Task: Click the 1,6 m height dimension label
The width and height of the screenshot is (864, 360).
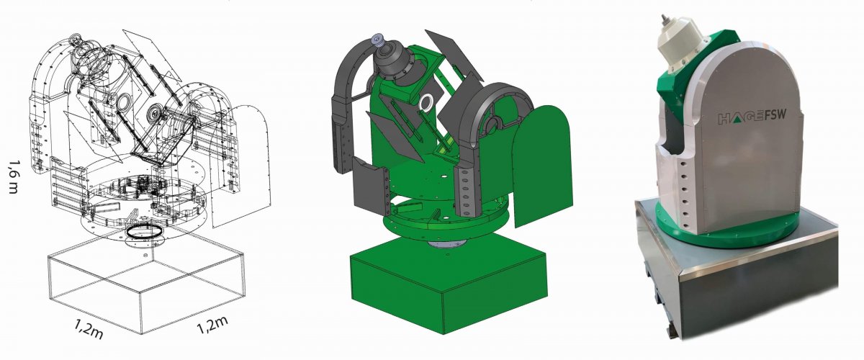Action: click(14, 176)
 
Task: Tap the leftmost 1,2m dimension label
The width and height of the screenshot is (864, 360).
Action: click(89, 329)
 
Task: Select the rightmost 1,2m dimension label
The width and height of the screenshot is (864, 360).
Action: click(212, 325)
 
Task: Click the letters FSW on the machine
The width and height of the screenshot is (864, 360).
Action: click(774, 115)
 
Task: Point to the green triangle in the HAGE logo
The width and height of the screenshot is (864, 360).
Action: click(738, 120)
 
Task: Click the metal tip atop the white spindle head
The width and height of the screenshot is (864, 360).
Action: click(664, 19)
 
